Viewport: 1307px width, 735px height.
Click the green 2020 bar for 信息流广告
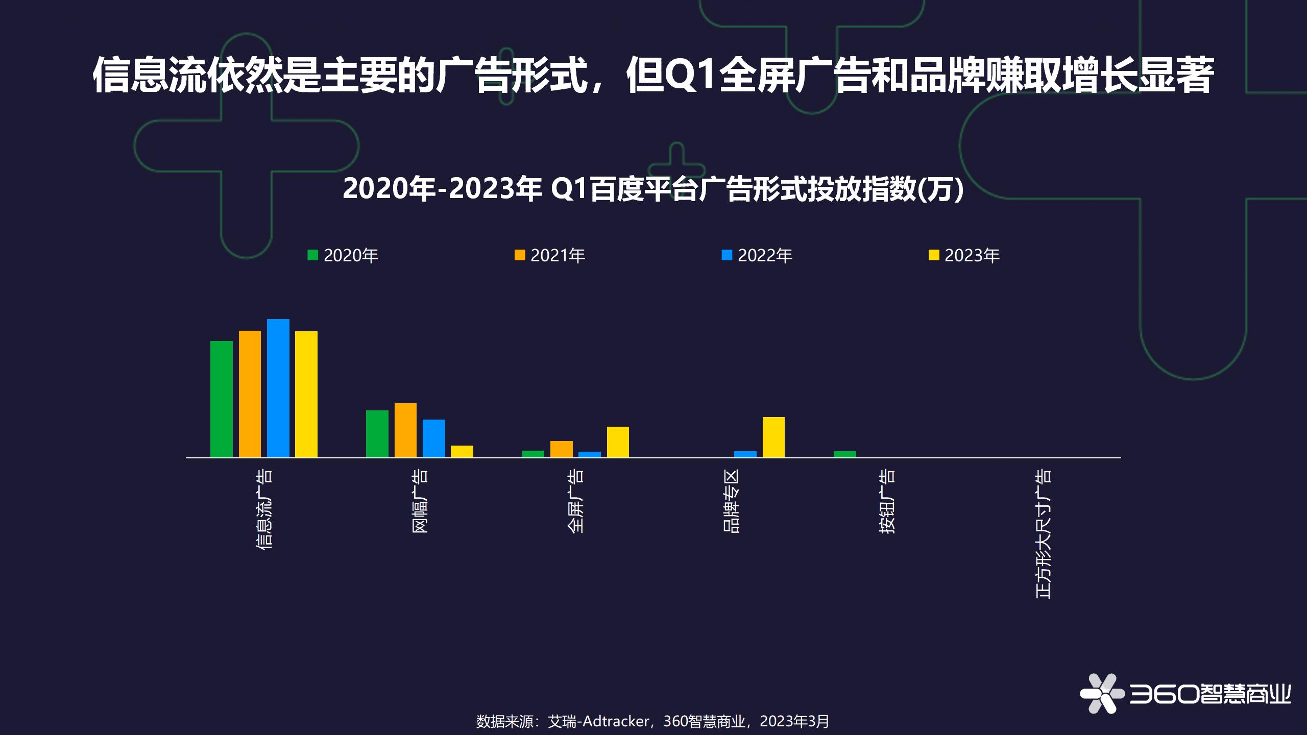(222, 399)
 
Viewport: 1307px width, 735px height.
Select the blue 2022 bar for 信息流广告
(278, 388)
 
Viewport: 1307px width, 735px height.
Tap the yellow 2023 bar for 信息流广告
(306, 394)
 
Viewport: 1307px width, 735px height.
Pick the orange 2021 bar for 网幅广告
(405, 430)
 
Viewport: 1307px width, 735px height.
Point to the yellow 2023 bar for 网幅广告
(462, 452)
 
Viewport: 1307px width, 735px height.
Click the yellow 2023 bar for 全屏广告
(618, 442)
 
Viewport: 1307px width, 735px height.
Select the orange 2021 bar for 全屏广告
(562, 449)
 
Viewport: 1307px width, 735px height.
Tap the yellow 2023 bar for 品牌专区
(773, 437)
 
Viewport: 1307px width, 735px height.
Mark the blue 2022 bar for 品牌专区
(745, 454)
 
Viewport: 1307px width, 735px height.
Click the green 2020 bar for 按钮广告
(845, 454)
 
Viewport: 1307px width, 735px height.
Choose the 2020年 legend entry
(343, 255)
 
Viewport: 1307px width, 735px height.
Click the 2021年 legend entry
(550, 255)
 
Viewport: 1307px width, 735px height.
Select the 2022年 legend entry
(757, 255)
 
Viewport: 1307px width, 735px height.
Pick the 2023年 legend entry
(964, 255)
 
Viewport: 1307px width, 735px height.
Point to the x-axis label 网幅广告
(420, 501)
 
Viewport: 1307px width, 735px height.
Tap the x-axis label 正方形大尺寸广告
(1044, 534)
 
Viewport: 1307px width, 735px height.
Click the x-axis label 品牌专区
(732, 501)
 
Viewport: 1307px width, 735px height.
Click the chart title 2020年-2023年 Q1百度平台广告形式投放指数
(653, 189)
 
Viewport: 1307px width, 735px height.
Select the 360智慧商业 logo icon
(1102, 693)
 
